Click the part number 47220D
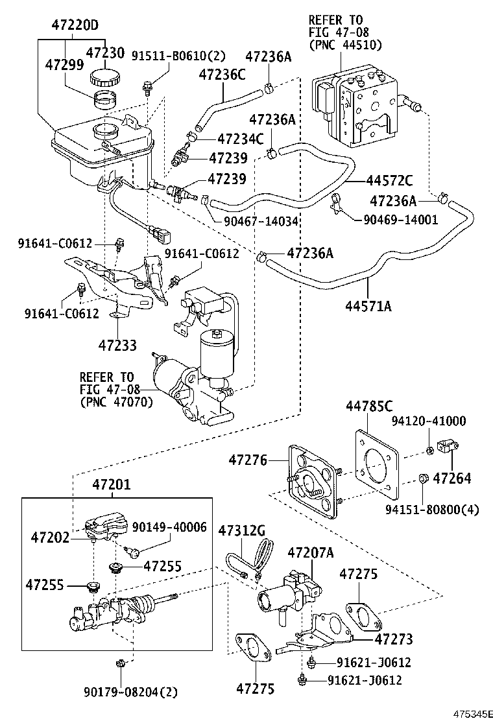tap(75, 26)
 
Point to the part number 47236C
tap(222, 75)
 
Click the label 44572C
tap(389, 180)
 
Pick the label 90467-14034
tap(261, 221)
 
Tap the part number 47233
tap(117, 345)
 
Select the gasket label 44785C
tap(369, 407)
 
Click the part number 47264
tap(452, 479)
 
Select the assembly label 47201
tap(111, 484)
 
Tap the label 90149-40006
tap(169, 527)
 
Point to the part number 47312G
tap(241, 531)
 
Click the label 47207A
tap(310, 552)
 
